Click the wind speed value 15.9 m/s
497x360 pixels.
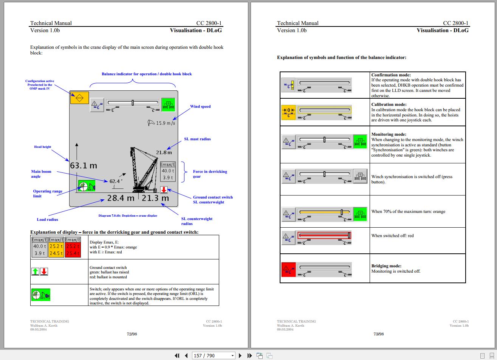coord(165,123)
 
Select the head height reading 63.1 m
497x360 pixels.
coord(83,166)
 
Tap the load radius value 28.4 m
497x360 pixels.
coord(121,198)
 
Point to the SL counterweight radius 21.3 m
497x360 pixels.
coord(155,198)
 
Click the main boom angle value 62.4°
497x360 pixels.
coord(116,181)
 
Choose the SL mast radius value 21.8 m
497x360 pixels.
coord(164,152)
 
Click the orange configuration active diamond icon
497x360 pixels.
coord(79,98)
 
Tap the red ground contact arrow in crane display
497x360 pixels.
coord(164,190)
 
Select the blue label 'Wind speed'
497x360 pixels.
coord(200,107)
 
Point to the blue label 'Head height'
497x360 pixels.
coord(43,147)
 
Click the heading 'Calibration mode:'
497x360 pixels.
coord(389,104)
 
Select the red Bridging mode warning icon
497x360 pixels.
coord(288,270)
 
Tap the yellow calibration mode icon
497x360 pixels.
coord(288,112)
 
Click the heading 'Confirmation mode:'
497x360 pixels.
coord(391,75)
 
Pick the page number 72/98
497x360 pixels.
coord(132,334)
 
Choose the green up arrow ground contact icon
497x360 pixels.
coord(36,271)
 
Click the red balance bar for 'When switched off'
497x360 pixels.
coord(324,236)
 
